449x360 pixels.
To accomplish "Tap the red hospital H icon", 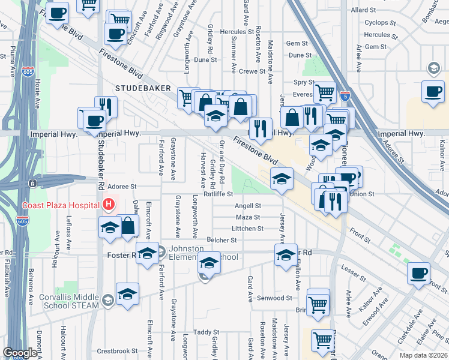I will (x=108, y=205).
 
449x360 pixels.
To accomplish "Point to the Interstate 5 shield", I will (x=345, y=95).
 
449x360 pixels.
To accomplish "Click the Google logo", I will (x=20, y=352).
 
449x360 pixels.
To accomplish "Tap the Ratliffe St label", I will (x=218, y=194).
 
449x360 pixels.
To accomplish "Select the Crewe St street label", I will (x=252, y=71).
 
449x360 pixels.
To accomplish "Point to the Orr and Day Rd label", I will (x=221, y=161).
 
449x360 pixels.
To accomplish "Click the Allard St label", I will (x=363, y=10).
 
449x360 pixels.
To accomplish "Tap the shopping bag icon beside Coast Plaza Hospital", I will (x=128, y=226).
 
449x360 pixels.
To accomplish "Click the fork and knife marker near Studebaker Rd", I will (x=106, y=107).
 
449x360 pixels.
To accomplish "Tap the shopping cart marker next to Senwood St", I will (x=318, y=301).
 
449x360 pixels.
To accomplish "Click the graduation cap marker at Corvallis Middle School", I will (x=127, y=294).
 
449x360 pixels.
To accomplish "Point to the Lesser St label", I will (x=354, y=275).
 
